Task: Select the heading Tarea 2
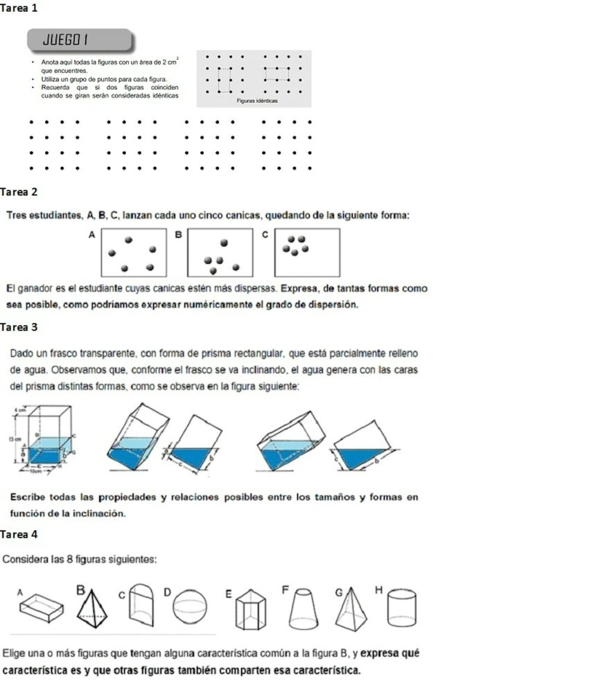(19, 191)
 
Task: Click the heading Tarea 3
(19, 326)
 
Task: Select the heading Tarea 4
(19, 534)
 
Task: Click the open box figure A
(42, 606)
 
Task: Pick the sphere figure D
(189, 607)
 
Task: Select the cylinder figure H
(402, 606)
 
